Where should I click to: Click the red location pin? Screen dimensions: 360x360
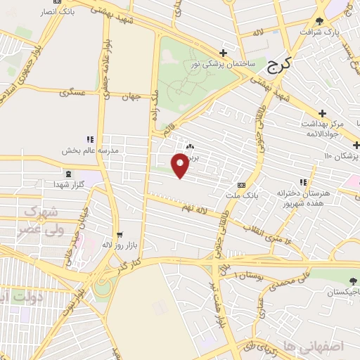(181, 165)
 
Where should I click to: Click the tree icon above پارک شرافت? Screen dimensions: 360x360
(321, 20)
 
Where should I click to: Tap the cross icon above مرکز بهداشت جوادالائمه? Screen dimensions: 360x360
(322, 113)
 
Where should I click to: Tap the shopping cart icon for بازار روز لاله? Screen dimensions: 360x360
(119, 236)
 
